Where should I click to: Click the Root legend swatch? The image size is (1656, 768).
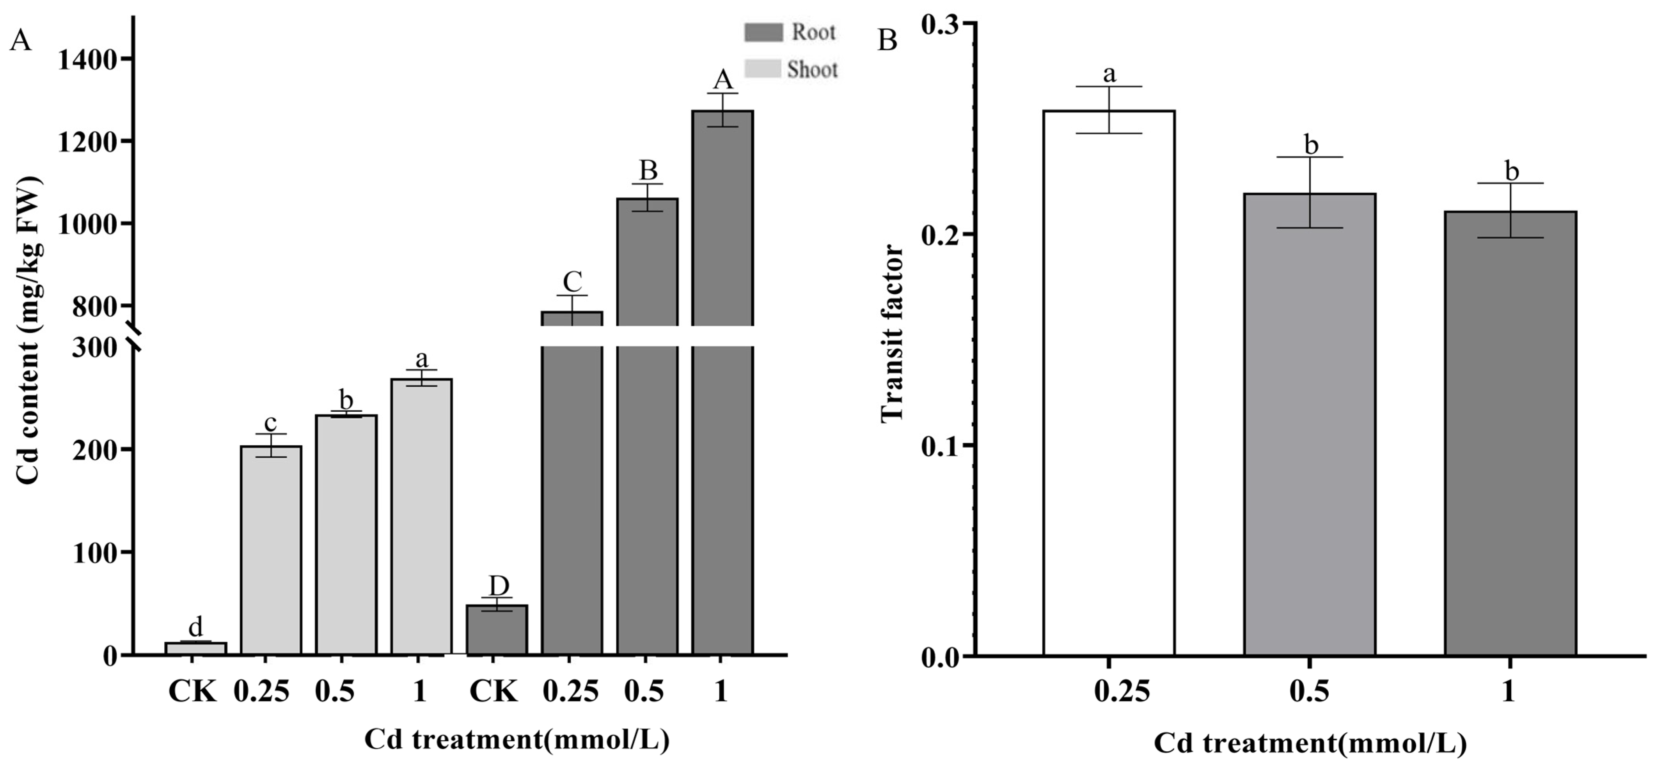[763, 32]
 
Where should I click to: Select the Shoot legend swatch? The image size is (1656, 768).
[763, 69]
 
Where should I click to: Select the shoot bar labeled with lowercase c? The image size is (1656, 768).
[271, 549]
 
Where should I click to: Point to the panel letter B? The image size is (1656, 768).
[888, 41]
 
